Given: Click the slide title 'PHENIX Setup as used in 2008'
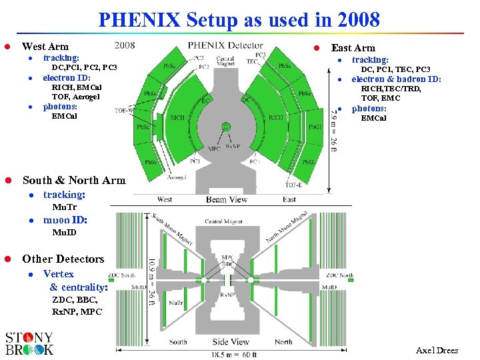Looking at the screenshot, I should (x=239, y=19).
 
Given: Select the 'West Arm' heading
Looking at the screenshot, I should (x=45, y=47).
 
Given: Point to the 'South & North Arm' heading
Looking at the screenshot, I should (x=73, y=180).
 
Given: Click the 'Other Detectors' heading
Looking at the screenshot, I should (x=63, y=259).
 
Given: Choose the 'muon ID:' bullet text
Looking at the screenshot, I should (x=65, y=219).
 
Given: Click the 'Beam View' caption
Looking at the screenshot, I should (x=227, y=199).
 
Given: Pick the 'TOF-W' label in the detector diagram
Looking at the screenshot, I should (x=123, y=110).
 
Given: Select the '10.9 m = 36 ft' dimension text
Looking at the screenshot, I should (x=151, y=282).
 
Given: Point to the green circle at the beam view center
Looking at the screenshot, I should (x=227, y=127).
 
